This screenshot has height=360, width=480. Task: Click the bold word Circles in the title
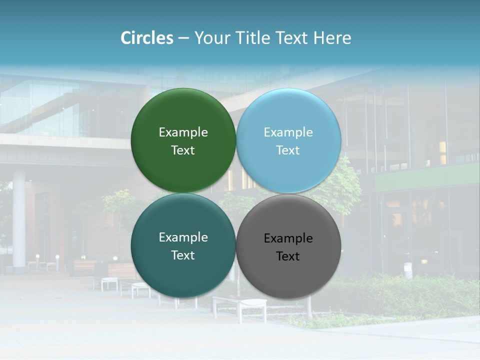[x=146, y=38]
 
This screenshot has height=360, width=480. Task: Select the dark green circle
[x=183, y=110]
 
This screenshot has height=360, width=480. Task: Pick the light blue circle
[x=288, y=110]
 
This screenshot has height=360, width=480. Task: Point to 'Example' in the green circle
[x=183, y=132]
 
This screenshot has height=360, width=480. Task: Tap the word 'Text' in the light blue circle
[x=288, y=150]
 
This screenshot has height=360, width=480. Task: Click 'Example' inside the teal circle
[x=183, y=237]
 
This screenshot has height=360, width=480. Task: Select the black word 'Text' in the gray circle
[x=288, y=256]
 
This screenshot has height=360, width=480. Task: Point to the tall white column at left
[x=19, y=220]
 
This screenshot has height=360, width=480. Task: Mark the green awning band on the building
[x=425, y=177]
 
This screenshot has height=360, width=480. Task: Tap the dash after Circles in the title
[x=183, y=38]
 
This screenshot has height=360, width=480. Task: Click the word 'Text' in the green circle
[x=183, y=150]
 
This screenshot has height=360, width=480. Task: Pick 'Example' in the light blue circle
[x=288, y=132]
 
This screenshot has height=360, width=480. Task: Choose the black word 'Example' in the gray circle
[x=288, y=238]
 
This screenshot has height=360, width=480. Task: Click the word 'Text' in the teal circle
[x=183, y=255]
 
